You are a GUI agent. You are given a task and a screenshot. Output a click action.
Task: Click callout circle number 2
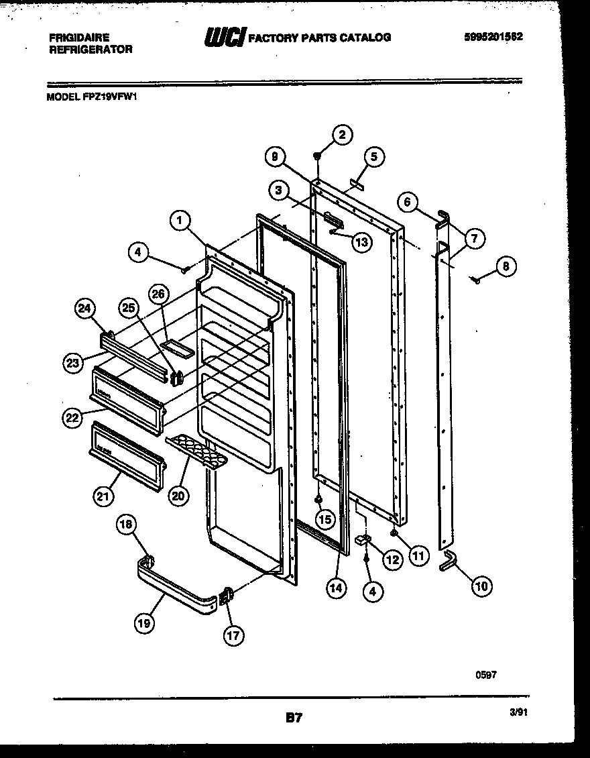click(x=342, y=135)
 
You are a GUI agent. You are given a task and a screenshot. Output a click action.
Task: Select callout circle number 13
click(x=361, y=242)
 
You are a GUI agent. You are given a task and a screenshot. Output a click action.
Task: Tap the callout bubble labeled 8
click(x=506, y=266)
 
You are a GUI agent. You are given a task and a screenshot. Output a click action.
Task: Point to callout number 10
click(x=480, y=587)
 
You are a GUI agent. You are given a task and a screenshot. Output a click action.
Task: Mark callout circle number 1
click(x=180, y=219)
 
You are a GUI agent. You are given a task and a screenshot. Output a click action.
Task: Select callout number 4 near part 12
click(x=373, y=590)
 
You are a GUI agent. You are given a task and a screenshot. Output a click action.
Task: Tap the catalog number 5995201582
click(x=493, y=37)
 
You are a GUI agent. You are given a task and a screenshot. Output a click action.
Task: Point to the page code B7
click(x=294, y=718)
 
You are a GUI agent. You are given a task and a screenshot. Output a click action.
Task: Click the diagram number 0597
click(x=486, y=675)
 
